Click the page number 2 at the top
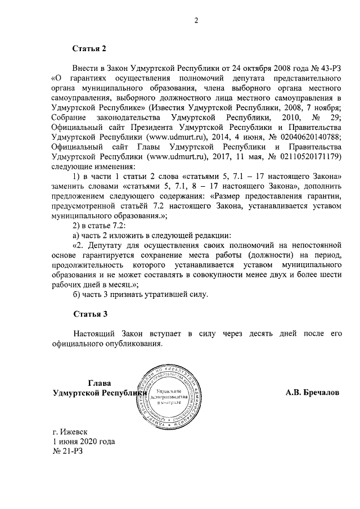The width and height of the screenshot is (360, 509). pos(196,21)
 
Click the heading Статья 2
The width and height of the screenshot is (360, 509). pos(89,49)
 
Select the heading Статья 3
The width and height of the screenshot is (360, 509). pos(89,313)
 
